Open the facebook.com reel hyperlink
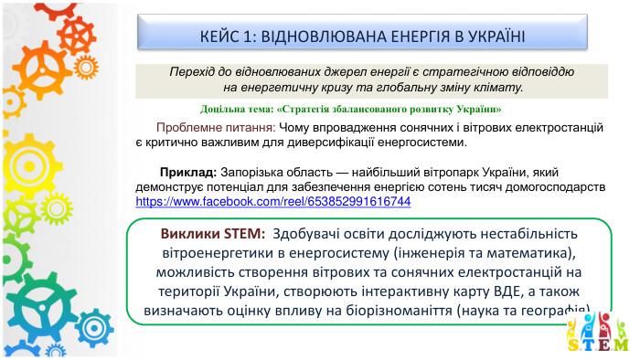(272, 201)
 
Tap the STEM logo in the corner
(599, 334)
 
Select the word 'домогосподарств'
(551, 186)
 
